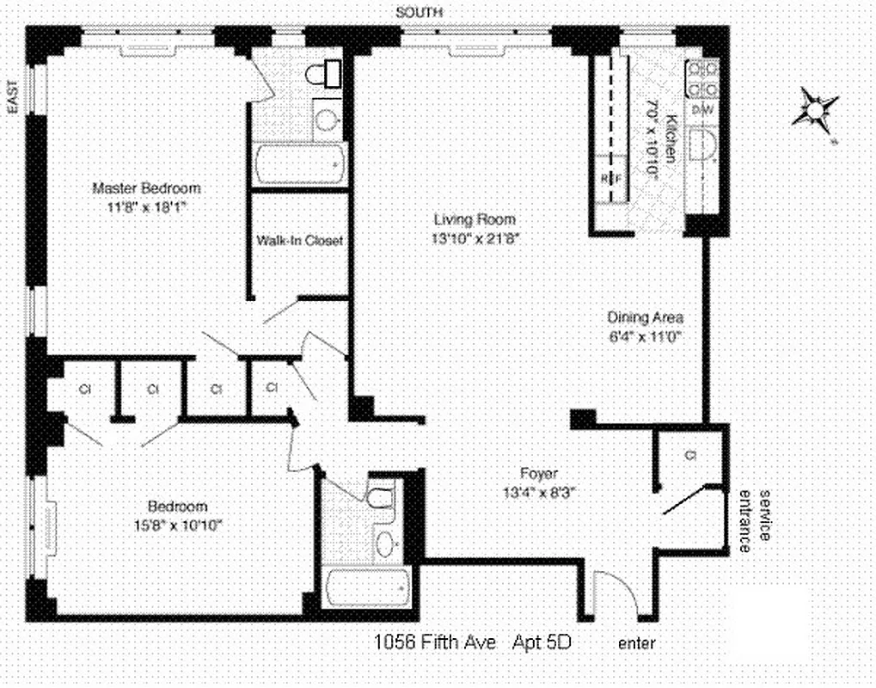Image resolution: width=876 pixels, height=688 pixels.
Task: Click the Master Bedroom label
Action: [x=146, y=188]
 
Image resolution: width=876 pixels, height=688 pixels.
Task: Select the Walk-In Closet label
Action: [x=299, y=241]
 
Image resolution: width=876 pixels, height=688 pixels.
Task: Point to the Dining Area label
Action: [x=646, y=317]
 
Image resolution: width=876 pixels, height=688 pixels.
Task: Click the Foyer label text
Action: [x=539, y=473]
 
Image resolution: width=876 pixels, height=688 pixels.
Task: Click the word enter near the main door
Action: [x=636, y=642]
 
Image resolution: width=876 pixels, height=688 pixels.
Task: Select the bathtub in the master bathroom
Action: [x=300, y=165]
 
